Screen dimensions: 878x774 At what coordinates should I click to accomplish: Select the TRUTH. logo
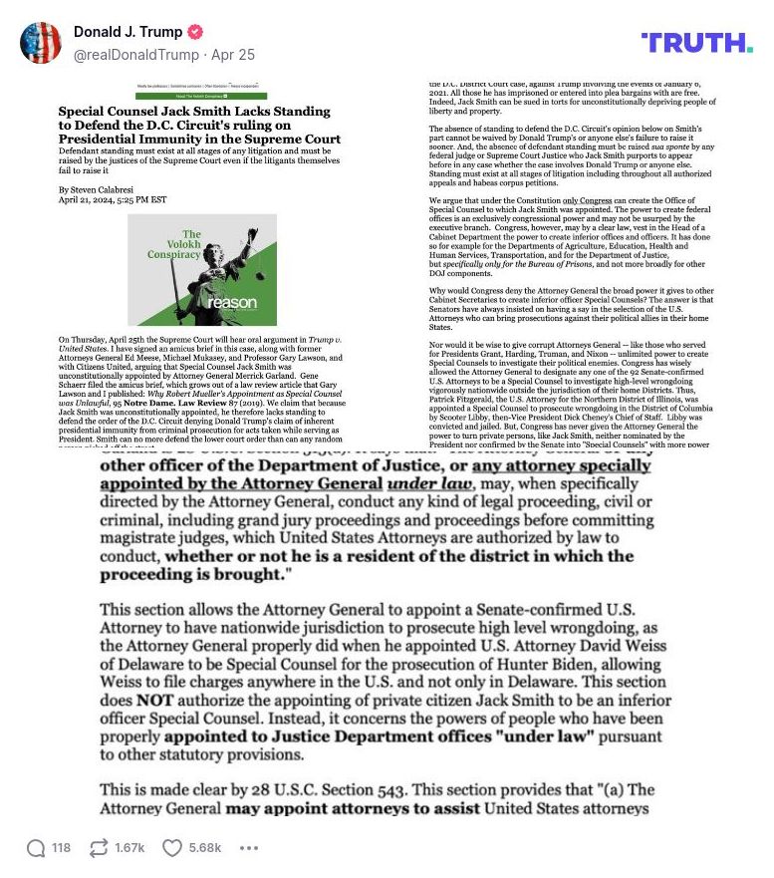[x=696, y=43]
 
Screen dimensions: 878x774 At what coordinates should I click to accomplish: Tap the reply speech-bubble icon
[x=36, y=848]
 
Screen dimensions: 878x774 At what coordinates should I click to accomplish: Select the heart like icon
[x=172, y=848]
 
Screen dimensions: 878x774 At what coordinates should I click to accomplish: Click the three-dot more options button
[x=249, y=848]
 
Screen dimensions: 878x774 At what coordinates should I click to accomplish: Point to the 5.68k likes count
[x=205, y=848]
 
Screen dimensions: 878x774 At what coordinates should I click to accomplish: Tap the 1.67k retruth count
[x=129, y=848]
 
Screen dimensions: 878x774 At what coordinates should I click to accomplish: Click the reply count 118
[x=62, y=848]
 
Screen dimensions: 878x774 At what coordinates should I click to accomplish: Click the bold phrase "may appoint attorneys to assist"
[x=341, y=808]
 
